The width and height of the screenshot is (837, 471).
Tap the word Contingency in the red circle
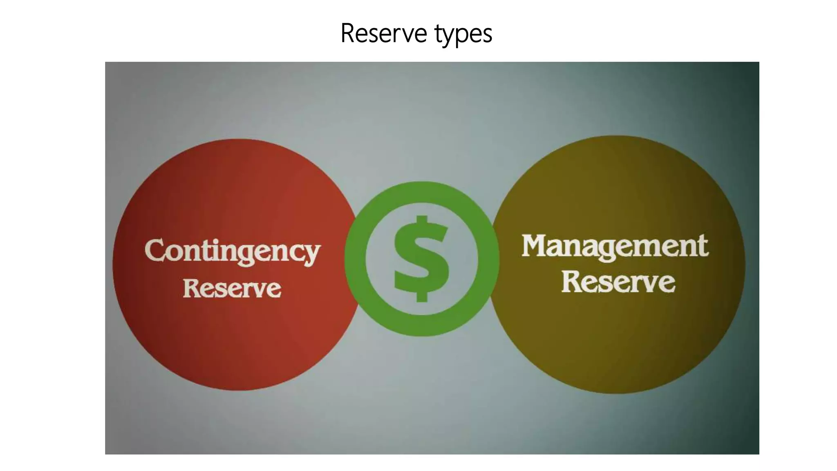coord(232,251)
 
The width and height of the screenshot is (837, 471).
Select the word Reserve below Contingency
coord(232,288)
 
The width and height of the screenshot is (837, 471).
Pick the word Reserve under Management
coord(618,282)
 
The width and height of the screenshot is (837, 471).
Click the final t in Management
coord(703,247)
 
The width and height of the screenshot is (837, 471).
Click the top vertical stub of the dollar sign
coord(422,221)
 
